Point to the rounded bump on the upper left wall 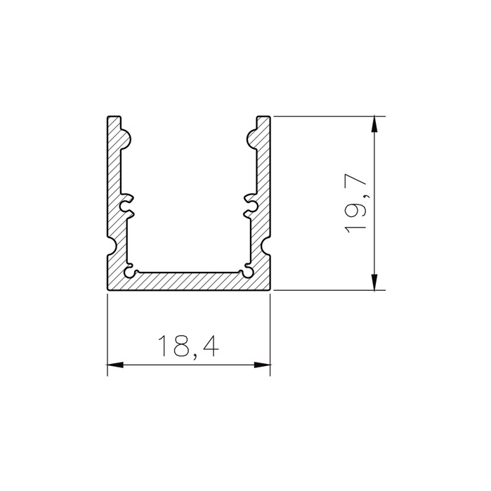click(x=126, y=138)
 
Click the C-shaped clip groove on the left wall click(x=127, y=206)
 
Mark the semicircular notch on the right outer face click(x=268, y=246)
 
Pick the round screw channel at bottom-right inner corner click(x=248, y=269)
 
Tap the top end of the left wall click(x=115, y=117)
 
